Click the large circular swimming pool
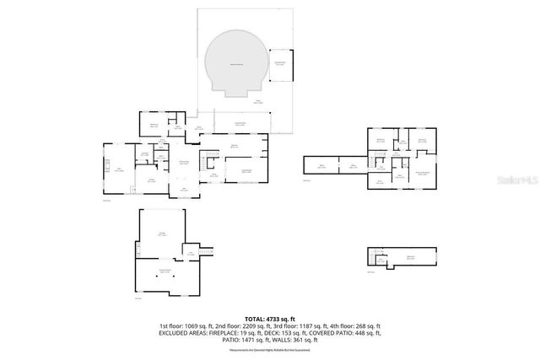(232, 64)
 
